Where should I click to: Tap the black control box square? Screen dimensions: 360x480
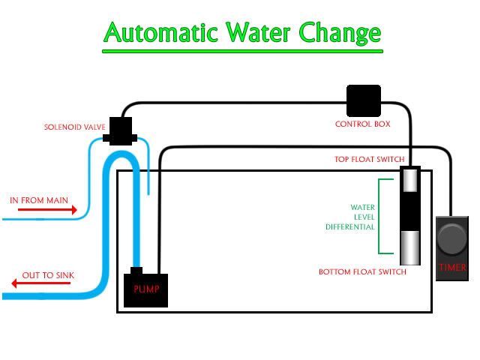pos(364,100)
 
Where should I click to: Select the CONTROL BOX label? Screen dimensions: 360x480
pos(362,124)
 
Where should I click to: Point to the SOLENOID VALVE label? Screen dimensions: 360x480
pos(74,127)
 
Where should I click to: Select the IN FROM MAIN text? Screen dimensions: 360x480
pos(39,200)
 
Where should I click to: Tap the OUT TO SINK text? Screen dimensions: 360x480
pos(48,275)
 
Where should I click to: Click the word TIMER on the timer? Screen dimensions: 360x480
pos(453,267)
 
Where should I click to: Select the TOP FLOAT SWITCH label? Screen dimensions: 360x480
pos(369,160)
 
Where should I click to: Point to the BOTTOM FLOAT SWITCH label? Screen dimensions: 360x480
pos(362,271)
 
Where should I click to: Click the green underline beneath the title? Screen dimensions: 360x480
pos(242,51)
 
